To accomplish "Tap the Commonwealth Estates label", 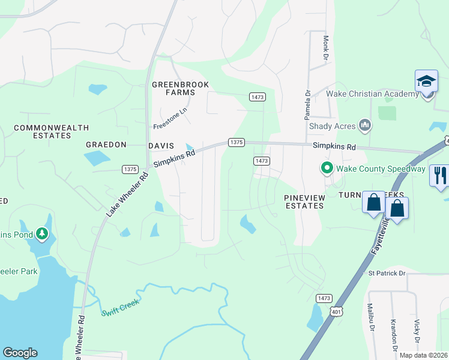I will pos(51,131).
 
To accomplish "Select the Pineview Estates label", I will pos(304,201).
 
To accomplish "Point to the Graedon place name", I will pos(106,145).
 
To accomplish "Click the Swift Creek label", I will pos(120,307).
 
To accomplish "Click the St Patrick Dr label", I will pos(387,274).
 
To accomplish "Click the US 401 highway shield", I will pos(339,312).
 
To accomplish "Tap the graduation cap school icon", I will pos(426,82).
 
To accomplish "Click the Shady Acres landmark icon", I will pos(365,125).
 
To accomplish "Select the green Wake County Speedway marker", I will pos(327,168).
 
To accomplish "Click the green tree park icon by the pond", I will pos(41,233).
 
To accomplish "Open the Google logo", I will pos(20,353).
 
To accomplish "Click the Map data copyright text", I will pos(423,355).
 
